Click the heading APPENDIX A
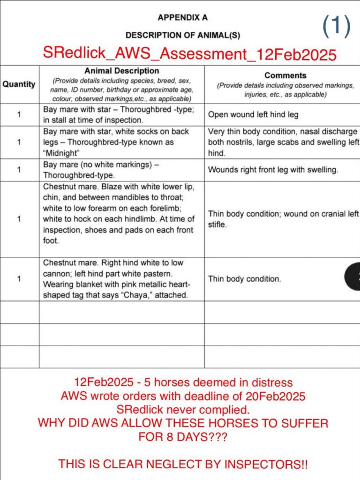tap(183, 18)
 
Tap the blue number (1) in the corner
tap(337, 26)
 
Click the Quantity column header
tap(19, 84)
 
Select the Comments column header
tap(285, 75)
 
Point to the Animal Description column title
tap(121, 71)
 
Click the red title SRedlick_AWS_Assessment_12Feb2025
tap(189, 53)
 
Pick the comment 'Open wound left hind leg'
tap(253, 114)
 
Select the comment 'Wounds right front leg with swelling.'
tap(273, 170)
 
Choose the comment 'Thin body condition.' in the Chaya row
tap(245, 279)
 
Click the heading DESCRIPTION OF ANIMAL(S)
tap(183, 35)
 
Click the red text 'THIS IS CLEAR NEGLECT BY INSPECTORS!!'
tap(183, 465)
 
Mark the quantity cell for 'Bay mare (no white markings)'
tap(19, 170)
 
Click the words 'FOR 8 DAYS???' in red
tap(183, 437)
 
